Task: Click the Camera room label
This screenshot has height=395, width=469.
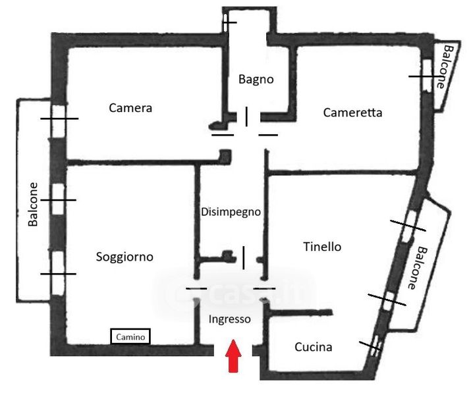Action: [130, 108]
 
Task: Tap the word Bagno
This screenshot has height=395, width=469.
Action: [256, 79]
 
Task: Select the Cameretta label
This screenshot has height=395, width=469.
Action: [352, 113]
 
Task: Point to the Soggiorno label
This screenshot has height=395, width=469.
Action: [124, 257]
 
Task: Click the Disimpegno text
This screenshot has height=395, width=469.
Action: [231, 212]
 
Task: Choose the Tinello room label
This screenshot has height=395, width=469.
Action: [322, 247]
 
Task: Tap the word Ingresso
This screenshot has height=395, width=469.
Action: [229, 319]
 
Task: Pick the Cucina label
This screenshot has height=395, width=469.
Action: [313, 347]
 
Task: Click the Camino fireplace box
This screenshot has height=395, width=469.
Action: [130, 336]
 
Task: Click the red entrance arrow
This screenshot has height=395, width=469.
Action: [233, 355]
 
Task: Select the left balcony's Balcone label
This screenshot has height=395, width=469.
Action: [33, 205]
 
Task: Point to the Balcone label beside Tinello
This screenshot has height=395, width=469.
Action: [418, 268]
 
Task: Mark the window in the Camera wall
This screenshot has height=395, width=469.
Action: [59, 118]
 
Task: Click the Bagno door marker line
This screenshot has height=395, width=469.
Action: [246, 117]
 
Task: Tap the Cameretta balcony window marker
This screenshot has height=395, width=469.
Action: [420, 76]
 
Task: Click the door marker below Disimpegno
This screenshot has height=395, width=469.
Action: [244, 257]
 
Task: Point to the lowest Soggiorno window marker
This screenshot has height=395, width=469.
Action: [59, 274]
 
